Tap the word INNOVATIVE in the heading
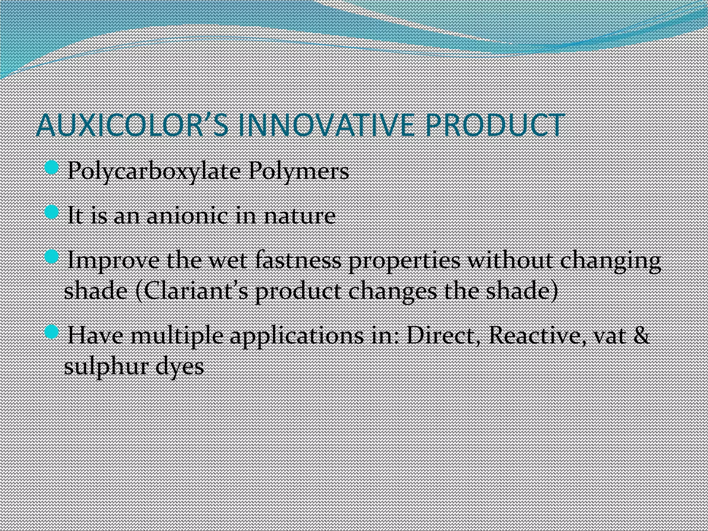(x=325, y=125)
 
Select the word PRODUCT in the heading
(x=495, y=125)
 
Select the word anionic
(x=187, y=216)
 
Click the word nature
(x=299, y=216)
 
